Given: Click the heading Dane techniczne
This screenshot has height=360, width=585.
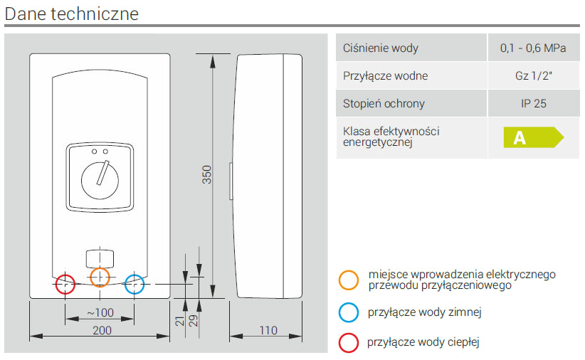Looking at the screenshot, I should click(x=72, y=14).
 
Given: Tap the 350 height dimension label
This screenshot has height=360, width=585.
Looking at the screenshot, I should click(x=207, y=175).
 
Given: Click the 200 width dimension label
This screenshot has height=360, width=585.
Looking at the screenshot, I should click(x=102, y=329).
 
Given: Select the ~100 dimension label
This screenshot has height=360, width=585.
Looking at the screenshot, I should click(x=100, y=312).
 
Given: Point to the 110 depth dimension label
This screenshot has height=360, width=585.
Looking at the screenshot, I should click(x=268, y=329).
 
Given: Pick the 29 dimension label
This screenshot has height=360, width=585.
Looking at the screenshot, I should click(x=192, y=319).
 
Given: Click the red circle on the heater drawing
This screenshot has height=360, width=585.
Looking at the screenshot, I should click(x=65, y=283).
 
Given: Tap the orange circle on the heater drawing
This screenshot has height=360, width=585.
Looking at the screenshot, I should click(x=100, y=277).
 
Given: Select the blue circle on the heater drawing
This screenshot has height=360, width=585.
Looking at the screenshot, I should click(x=134, y=283).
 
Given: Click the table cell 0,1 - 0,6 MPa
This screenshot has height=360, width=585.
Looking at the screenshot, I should click(x=533, y=48).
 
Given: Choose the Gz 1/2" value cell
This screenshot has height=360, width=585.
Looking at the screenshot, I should click(x=533, y=76).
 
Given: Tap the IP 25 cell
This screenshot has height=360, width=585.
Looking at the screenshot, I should click(x=533, y=103).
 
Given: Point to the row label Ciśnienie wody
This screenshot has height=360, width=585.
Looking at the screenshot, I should click(x=381, y=48).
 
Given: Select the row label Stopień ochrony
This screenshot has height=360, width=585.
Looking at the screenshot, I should click(x=384, y=103).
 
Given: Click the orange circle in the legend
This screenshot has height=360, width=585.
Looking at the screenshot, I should click(x=349, y=280).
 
